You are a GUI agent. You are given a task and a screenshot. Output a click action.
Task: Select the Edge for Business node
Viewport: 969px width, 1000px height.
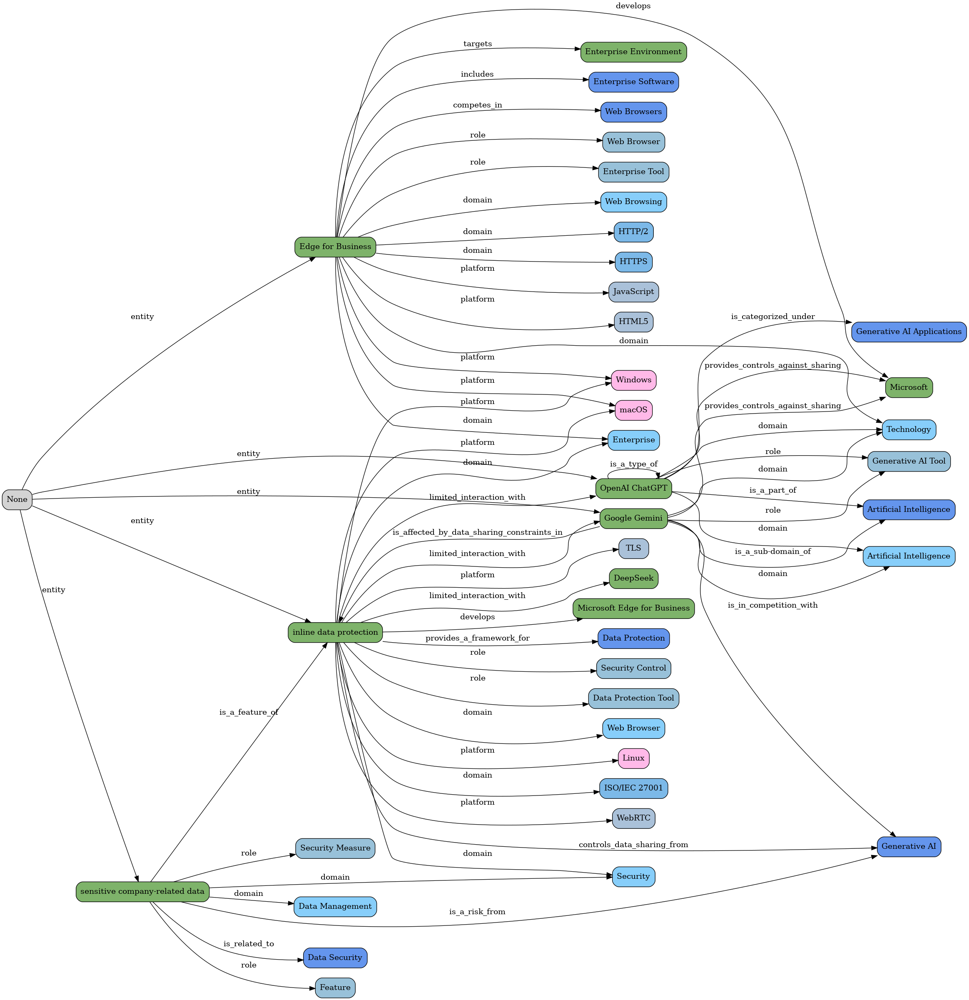click(x=335, y=247)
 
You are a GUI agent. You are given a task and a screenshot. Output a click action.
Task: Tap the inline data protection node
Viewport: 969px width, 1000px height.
click(x=335, y=632)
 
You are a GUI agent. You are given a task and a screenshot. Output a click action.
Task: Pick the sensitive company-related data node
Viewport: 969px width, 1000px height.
click(x=142, y=891)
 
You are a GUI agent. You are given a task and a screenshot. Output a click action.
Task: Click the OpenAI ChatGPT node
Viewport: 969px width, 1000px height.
click(x=633, y=488)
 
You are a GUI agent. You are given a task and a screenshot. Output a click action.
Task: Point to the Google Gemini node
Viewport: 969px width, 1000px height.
click(x=633, y=519)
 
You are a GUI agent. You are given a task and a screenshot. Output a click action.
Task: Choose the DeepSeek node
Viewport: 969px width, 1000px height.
click(x=633, y=579)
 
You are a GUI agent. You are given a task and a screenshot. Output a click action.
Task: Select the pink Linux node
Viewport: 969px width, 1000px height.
click(x=633, y=758)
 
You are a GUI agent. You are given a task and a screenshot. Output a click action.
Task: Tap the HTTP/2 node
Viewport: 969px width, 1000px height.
click(x=633, y=232)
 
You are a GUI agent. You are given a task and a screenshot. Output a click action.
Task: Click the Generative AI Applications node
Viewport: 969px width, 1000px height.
click(x=909, y=332)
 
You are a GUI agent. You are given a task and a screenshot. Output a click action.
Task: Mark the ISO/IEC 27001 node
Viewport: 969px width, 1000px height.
click(x=633, y=788)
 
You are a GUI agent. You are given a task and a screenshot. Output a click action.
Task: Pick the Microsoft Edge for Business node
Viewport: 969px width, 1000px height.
click(x=633, y=608)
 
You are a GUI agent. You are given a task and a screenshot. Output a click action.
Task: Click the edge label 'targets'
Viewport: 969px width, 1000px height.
click(x=477, y=44)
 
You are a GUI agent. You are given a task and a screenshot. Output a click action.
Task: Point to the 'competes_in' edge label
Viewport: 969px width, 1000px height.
click(x=477, y=105)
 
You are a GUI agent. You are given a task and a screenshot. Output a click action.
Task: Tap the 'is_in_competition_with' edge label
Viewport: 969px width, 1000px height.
click(x=772, y=605)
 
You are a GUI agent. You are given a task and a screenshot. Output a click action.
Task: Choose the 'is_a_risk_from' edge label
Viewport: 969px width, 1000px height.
click(x=477, y=912)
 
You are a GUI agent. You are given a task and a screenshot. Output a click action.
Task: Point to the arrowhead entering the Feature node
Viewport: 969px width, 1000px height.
click(x=312, y=988)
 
